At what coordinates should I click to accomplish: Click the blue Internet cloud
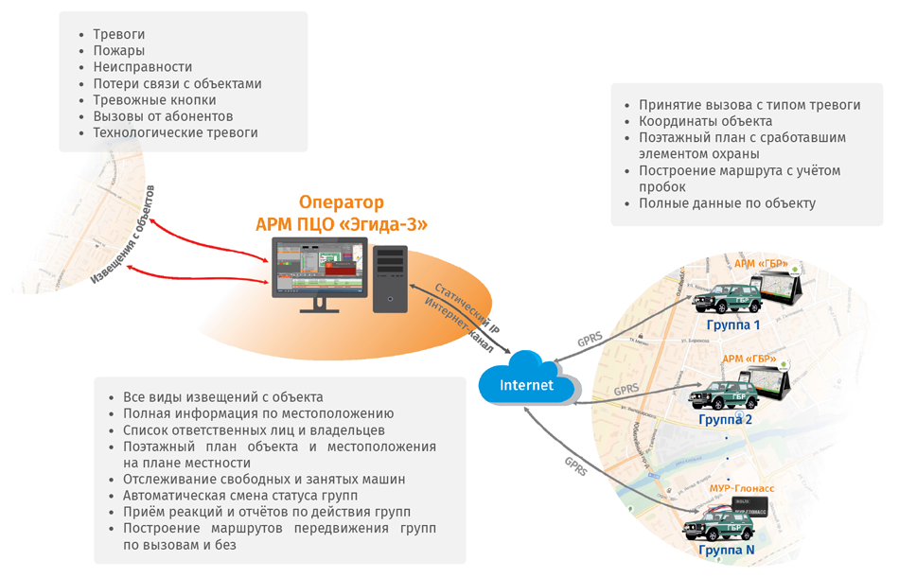(527, 382)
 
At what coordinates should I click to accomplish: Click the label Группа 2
(726, 418)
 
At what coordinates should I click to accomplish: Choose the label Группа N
(726, 550)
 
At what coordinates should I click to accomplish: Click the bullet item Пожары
(119, 51)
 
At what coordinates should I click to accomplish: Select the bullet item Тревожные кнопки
(154, 100)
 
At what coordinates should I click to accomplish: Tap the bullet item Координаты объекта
(705, 121)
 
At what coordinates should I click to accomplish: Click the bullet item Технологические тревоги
(175, 132)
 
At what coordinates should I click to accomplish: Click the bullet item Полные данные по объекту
(727, 203)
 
